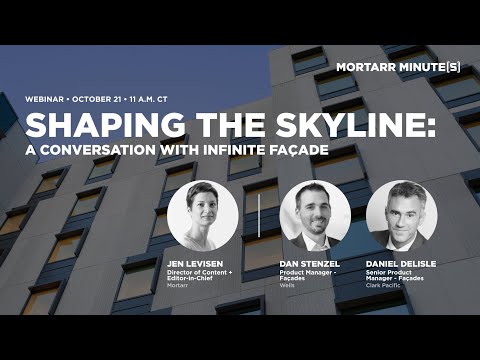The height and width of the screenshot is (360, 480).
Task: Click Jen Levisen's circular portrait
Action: tap(202, 215)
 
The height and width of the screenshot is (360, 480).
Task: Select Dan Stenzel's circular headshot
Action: tap(316, 215)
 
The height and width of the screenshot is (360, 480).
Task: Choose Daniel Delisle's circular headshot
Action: tap(402, 215)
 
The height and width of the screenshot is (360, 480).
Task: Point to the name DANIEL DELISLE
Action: tap(401, 265)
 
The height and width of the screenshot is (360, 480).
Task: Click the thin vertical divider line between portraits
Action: tap(259, 215)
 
